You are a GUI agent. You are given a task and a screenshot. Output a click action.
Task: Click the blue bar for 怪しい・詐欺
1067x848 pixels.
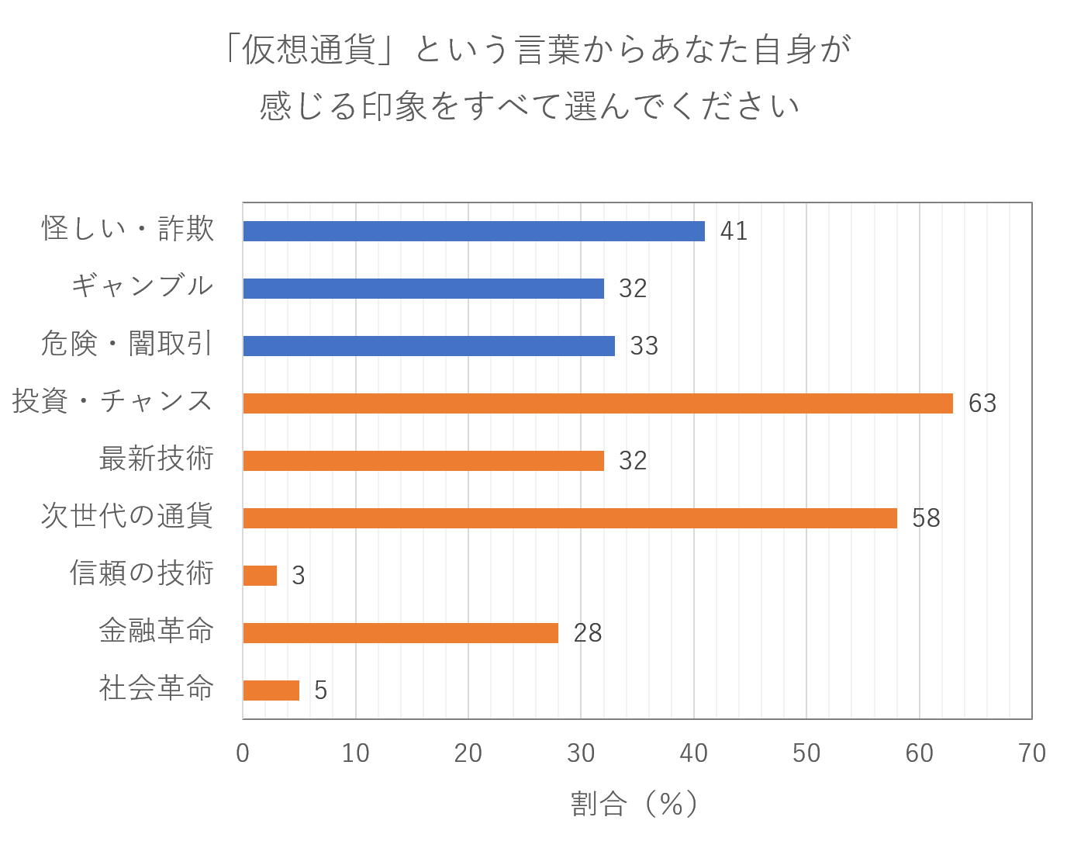click(474, 231)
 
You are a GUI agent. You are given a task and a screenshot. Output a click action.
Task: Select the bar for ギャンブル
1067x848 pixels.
click(423, 289)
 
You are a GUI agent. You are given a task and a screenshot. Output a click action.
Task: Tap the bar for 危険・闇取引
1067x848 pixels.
click(429, 346)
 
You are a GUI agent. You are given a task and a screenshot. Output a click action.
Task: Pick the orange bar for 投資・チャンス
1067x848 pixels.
click(598, 403)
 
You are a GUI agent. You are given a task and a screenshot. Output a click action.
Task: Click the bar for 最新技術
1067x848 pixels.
click(423, 461)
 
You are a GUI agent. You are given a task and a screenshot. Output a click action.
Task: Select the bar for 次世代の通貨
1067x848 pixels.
click(570, 518)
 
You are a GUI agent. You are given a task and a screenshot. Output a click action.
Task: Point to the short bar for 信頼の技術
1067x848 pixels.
click(260, 576)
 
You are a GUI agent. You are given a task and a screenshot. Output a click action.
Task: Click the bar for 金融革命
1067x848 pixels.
click(401, 633)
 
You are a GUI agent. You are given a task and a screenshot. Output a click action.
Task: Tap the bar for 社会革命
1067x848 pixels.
click(271, 691)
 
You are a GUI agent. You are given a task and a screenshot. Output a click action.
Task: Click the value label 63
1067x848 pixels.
click(982, 403)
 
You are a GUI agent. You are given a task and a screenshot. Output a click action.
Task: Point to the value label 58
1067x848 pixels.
click(926, 518)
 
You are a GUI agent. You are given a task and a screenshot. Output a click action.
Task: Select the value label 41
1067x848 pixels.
click(734, 231)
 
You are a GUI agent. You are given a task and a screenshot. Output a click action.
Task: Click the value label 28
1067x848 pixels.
click(587, 633)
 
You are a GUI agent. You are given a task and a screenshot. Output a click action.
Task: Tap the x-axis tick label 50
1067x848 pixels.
click(806, 753)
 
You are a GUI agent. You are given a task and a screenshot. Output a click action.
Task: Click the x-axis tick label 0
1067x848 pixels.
click(243, 753)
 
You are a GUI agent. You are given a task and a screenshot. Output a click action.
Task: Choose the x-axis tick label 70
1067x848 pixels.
click(1031, 753)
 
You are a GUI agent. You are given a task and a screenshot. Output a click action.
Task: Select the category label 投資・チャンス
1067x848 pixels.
click(112, 401)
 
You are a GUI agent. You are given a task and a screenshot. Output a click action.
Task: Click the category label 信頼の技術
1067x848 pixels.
click(141, 573)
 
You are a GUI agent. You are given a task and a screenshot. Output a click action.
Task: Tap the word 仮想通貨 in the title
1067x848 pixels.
click(308, 50)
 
